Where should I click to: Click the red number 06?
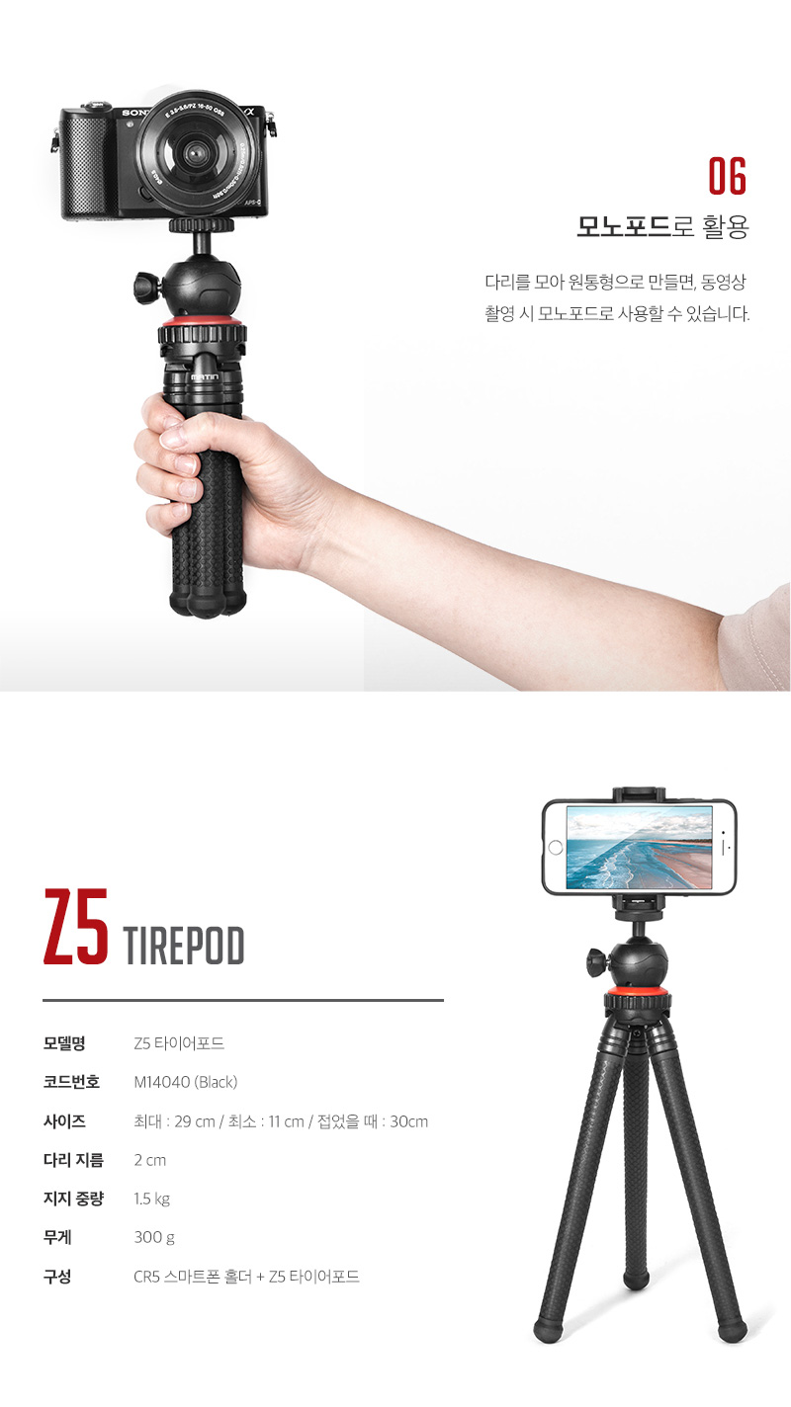coord(727,177)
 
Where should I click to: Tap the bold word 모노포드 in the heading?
coord(624,228)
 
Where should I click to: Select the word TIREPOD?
coord(185,947)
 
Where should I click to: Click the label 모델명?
coord(64,1043)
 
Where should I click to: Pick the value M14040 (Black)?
coord(186,1082)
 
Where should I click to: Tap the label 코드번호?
coord(71,1082)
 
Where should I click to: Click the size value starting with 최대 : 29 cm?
coord(281,1121)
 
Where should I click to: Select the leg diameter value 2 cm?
coord(150,1160)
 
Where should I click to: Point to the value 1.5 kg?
coord(152,1199)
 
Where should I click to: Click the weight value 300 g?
coord(154,1237)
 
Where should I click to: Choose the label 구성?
coord(57,1277)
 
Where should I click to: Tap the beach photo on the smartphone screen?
coord(639,847)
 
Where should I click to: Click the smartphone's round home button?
coord(556,848)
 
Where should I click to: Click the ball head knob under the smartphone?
coord(598,957)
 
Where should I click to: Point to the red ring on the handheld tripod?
coord(204,323)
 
